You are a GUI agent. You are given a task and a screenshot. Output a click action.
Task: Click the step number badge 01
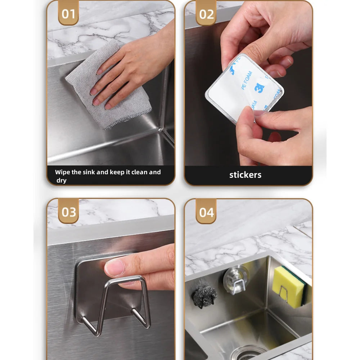click(68, 14)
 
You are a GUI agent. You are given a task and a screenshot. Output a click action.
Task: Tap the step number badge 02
click(206, 14)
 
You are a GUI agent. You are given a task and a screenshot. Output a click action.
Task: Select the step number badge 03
click(68, 212)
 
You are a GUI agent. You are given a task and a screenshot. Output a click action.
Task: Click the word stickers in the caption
click(245, 175)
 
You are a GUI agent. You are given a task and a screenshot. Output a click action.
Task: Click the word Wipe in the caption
click(62, 172)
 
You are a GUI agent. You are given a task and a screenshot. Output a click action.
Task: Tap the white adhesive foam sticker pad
click(245, 88)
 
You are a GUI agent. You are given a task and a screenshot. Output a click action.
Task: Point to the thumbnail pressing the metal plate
click(114, 267)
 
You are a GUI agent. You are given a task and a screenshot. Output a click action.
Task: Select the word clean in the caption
click(139, 172)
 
